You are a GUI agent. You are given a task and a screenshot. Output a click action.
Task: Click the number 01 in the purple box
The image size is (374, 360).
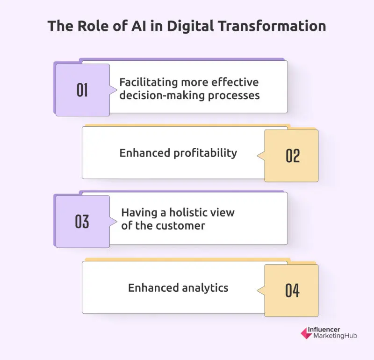(82, 89)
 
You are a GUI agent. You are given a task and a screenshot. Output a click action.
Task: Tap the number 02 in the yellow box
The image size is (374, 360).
(293, 156)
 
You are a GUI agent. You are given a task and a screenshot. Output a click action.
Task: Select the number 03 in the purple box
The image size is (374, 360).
(82, 221)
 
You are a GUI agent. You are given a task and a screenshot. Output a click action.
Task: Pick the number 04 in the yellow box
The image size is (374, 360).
(293, 290)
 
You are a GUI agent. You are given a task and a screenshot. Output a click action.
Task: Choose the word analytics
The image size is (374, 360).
(204, 288)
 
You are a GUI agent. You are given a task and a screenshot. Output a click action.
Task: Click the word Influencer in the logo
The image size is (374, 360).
(324, 329)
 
